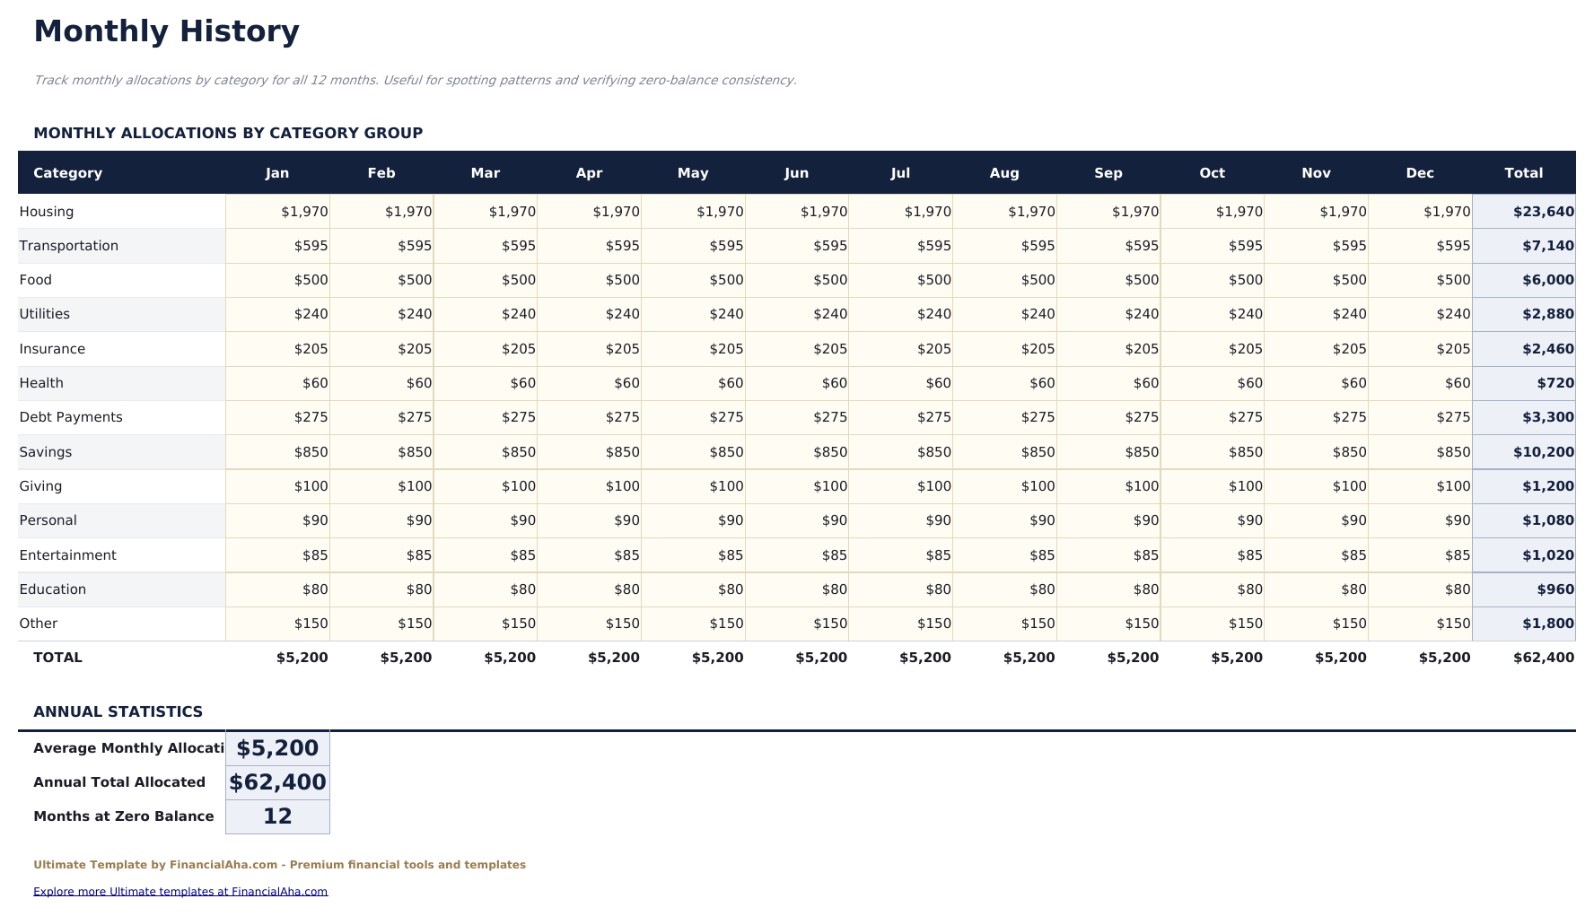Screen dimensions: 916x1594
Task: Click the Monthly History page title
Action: [x=166, y=31]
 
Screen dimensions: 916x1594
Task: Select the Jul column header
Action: [x=900, y=173]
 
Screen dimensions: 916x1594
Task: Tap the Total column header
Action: [x=1523, y=173]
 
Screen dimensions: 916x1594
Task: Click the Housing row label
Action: [x=47, y=212]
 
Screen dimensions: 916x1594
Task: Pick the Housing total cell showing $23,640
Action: [x=1543, y=212]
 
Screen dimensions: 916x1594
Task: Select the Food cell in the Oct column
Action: [x=1244, y=280]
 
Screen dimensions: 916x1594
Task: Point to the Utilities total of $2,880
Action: [x=1547, y=314]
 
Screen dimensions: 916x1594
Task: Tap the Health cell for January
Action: [x=314, y=383]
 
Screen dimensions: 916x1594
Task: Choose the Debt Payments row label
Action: [x=71, y=417]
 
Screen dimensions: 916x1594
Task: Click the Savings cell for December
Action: [x=1452, y=452]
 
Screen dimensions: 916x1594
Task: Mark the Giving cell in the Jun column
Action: [x=829, y=486]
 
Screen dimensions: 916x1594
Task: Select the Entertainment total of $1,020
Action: [x=1547, y=555]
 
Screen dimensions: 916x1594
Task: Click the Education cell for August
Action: [x=1041, y=589]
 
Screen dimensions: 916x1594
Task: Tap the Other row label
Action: [x=39, y=624]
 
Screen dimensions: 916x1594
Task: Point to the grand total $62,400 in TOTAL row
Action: [x=1543, y=658]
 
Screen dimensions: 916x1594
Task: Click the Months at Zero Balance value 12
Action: [x=277, y=816]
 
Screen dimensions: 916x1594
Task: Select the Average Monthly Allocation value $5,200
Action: [x=277, y=748]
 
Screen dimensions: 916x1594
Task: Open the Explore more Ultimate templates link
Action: [x=180, y=892]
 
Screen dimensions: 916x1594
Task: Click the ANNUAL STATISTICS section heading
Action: [x=118, y=711]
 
